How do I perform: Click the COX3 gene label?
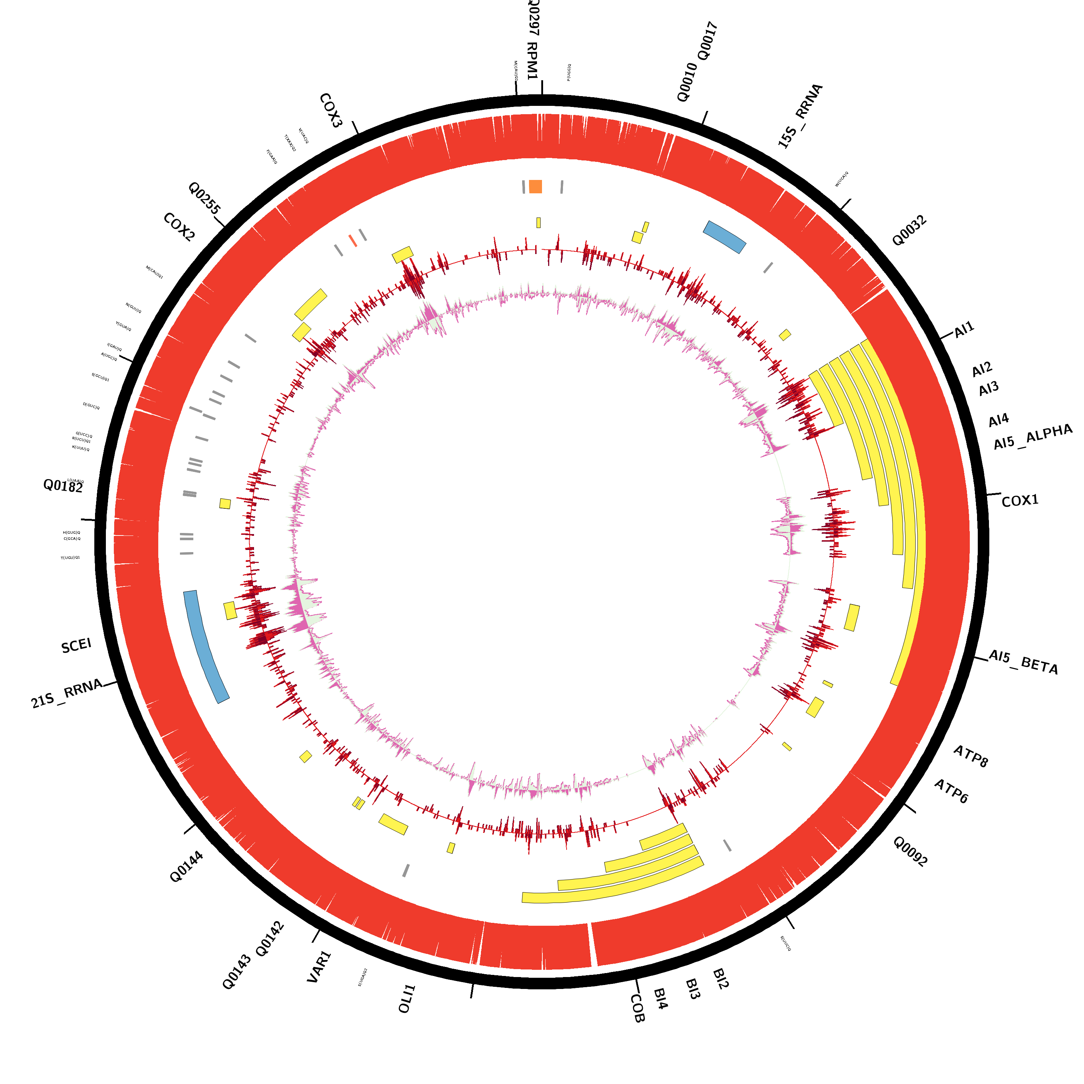pyautogui.click(x=331, y=111)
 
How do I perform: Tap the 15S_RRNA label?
pyautogui.click(x=800, y=116)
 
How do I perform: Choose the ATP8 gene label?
pyautogui.click(x=971, y=756)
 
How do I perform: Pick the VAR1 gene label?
pyautogui.click(x=319, y=967)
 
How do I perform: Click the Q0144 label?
pyautogui.click(x=186, y=867)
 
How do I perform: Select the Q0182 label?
pyautogui.click(x=63, y=486)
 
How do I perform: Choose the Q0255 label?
pyautogui.click(x=204, y=198)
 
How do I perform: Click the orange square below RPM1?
pyautogui.click(x=535, y=186)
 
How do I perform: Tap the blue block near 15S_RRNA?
pyautogui.click(x=724, y=237)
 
